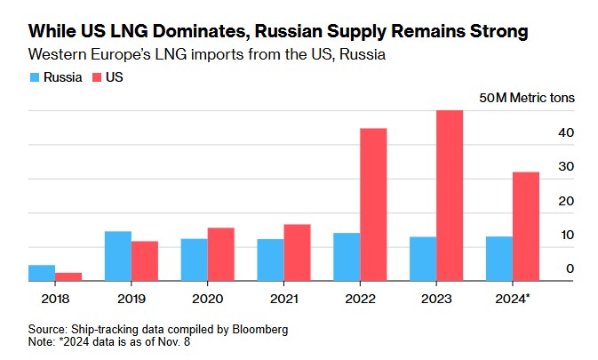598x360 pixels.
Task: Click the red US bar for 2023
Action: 450,196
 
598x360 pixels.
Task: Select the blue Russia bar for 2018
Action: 42,273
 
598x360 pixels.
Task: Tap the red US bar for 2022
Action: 373,204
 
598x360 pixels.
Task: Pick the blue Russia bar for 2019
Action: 118,256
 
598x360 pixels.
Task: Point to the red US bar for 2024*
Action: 526,227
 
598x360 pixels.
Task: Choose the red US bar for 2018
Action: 68,276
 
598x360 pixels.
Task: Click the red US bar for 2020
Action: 221,254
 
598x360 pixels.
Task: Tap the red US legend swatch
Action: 97,78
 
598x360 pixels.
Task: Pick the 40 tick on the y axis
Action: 566,132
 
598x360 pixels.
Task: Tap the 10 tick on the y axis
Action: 566,235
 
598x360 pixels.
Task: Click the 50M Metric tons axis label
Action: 526,97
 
